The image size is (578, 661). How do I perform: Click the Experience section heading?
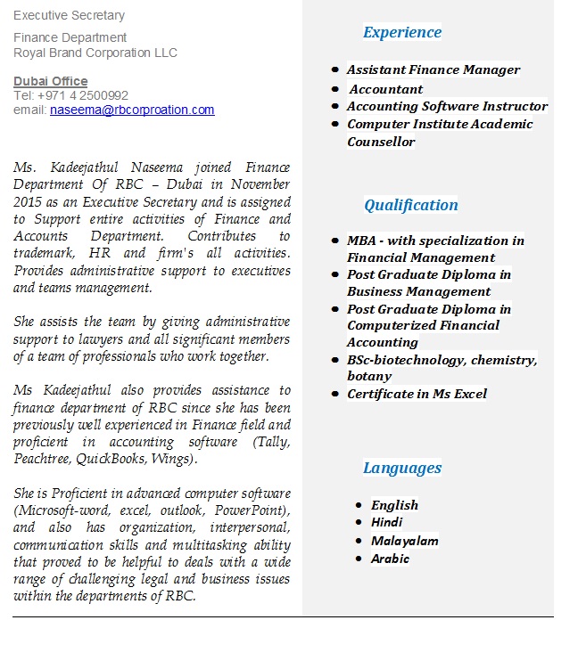tap(401, 32)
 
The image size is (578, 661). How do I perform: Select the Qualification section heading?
tap(410, 205)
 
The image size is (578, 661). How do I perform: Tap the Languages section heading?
tap(401, 468)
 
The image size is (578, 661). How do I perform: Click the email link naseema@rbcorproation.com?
tap(132, 110)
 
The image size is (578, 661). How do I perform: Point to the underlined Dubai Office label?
tap(50, 81)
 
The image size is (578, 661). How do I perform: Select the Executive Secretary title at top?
tap(69, 15)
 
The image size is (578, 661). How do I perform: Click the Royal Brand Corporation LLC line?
tap(95, 53)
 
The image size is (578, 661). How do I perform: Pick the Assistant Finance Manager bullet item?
tap(433, 69)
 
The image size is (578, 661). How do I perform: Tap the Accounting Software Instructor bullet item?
tap(447, 106)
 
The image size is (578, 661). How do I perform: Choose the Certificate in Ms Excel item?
tap(417, 394)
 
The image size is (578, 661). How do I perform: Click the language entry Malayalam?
tap(404, 541)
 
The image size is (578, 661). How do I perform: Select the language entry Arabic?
tap(390, 559)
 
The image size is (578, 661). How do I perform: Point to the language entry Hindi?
tap(386, 522)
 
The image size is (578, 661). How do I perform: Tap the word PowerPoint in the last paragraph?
tap(250, 510)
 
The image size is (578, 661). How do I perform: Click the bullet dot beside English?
tap(358, 505)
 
